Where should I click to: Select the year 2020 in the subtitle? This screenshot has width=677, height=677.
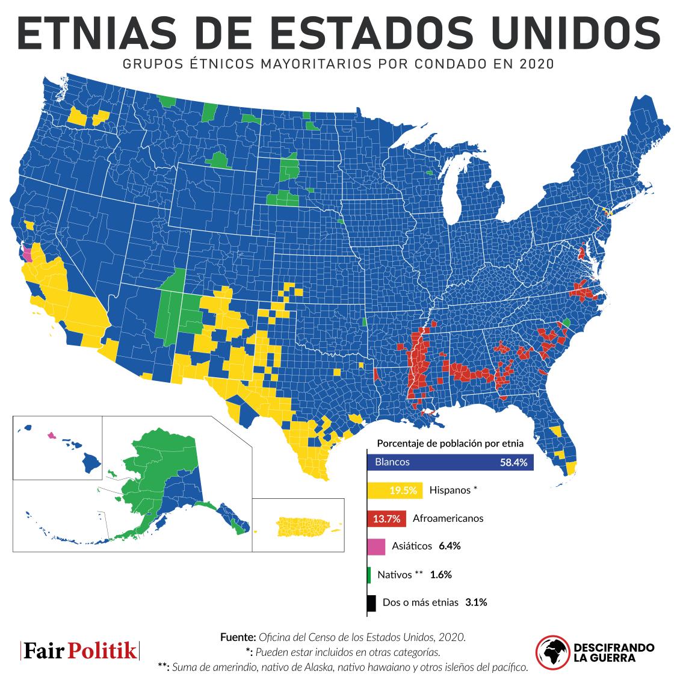click(533, 64)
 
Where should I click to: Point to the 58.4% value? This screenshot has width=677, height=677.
click(513, 463)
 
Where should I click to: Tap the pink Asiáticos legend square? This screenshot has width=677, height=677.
click(376, 546)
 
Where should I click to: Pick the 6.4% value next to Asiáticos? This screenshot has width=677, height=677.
click(450, 546)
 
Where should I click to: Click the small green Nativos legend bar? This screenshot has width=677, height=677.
click(368, 575)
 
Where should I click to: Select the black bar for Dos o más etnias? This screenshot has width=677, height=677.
click(371, 602)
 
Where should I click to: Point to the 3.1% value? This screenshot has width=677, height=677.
click(475, 602)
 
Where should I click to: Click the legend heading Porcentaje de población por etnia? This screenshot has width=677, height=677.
click(450, 444)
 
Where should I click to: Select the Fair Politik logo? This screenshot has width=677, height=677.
click(80, 651)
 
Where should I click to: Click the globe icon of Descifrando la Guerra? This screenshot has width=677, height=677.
click(552, 652)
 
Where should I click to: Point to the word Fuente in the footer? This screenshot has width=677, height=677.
click(238, 637)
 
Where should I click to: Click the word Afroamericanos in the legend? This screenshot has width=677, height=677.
click(448, 518)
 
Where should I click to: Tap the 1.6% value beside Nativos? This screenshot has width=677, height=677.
click(441, 575)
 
